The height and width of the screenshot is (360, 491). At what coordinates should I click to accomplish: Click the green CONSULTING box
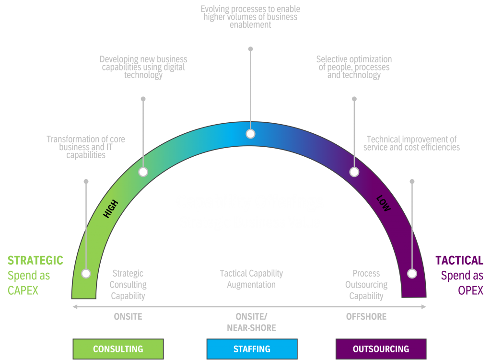pos(118,349)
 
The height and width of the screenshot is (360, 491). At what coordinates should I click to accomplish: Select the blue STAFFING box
pos(252,349)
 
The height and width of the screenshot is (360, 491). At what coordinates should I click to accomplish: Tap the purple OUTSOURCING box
pos(381,349)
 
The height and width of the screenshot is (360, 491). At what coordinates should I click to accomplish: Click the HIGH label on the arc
pos(110,209)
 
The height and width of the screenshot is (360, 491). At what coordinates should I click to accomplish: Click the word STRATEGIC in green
pos(35,261)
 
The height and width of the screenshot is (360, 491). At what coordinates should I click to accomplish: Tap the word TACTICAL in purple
pos(459,261)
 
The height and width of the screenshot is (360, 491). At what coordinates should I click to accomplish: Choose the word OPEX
pos(470,291)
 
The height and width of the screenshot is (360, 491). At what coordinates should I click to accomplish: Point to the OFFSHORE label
pos(366,317)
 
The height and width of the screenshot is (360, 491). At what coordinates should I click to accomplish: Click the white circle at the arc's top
pos(250,134)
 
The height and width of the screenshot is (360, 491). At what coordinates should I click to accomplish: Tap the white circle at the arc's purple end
pos(412,273)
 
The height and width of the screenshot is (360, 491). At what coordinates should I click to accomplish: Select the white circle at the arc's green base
pos(86,273)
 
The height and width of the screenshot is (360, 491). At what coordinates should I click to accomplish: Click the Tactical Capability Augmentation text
pos(251,279)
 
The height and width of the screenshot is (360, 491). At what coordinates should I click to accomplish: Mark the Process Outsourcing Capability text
pos(366,285)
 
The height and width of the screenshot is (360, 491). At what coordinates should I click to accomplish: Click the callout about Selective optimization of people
pos(354,67)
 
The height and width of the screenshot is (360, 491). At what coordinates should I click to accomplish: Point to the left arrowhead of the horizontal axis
pos(74,307)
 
